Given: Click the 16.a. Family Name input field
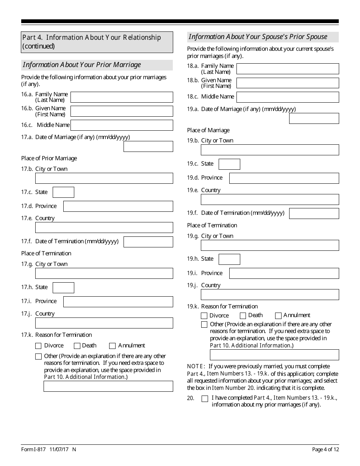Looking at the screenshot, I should [122, 97].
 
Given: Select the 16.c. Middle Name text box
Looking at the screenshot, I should [122, 125].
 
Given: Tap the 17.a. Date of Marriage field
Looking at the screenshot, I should [148, 147].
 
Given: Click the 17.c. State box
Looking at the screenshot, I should [63, 192].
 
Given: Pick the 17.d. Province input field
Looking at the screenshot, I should [118, 206].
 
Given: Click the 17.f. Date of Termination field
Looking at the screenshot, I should [148, 242].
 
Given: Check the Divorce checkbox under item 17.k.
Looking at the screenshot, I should [38, 346].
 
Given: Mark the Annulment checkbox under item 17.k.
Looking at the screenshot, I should [112, 346].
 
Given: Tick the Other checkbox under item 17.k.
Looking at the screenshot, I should [38, 357].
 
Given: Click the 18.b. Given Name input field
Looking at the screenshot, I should [288, 83].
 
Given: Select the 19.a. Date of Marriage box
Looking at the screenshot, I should [314, 119].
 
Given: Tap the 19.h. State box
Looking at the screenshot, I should [229, 260].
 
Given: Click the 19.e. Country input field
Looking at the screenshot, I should [270, 200].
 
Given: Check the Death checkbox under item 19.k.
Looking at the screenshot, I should [243, 316].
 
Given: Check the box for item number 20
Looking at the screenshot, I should [205, 399].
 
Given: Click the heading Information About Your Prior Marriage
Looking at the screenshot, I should [82, 65].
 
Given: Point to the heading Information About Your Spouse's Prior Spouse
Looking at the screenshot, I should [258, 37].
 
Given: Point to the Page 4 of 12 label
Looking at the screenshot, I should [325, 449].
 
